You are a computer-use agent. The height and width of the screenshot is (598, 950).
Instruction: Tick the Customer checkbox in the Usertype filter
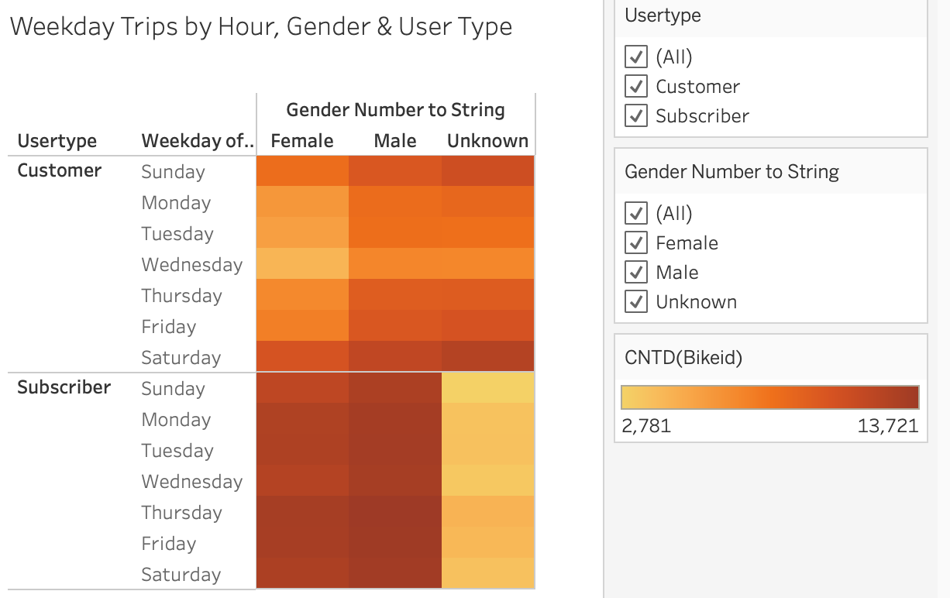click(636, 87)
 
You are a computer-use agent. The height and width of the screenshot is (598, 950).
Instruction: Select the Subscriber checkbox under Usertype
click(636, 116)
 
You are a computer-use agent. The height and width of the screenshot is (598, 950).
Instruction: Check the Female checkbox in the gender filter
click(636, 243)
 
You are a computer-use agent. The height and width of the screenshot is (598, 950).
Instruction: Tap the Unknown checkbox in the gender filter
click(636, 302)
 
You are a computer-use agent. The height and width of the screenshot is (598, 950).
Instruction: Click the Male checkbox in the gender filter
click(636, 273)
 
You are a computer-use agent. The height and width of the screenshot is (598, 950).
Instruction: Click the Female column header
click(302, 141)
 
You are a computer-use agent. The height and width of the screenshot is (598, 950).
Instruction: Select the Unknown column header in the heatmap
click(487, 141)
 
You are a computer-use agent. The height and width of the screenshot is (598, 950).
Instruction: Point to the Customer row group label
click(60, 170)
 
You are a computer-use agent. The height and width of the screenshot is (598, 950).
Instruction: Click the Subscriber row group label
click(64, 387)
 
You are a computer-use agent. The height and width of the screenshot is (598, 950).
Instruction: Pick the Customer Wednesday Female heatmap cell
click(302, 264)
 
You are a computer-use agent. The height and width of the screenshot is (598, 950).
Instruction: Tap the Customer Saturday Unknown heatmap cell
click(487, 357)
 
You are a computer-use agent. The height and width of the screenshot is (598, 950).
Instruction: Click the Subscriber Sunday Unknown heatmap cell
click(487, 388)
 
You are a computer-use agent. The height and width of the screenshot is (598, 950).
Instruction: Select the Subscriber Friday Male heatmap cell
click(395, 543)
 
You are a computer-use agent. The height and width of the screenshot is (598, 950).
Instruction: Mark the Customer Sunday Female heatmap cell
click(302, 171)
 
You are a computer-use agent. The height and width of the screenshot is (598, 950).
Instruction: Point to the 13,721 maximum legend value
click(888, 425)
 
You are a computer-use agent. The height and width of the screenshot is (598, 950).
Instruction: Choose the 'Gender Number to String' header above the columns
click(395, 110)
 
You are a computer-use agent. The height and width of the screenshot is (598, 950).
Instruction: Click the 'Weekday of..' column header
click(198, 141)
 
